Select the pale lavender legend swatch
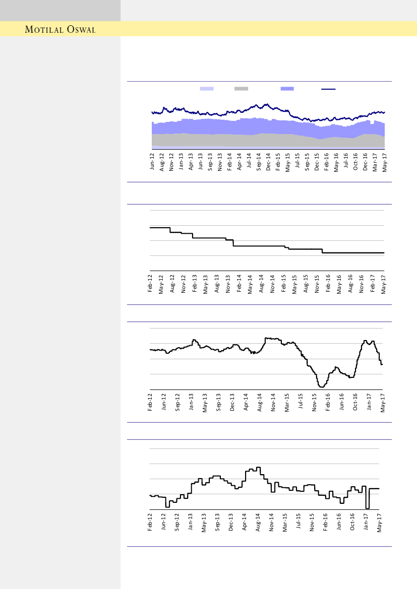point(207,89)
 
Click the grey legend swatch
point(241,89)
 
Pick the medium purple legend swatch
point(287,89)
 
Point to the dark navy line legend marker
point(329,89)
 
